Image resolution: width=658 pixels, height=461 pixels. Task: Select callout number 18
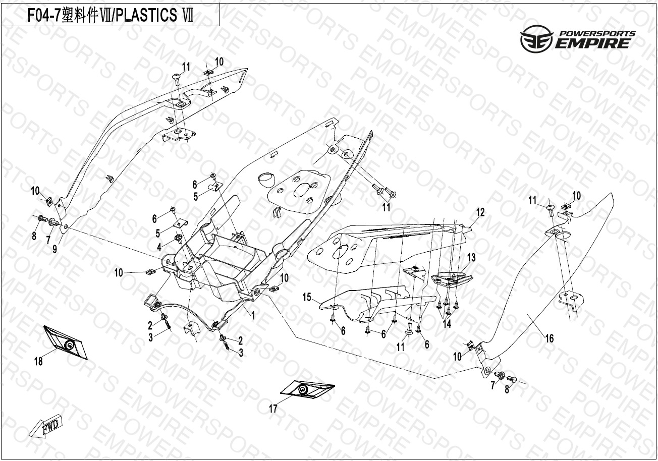click(38, 361)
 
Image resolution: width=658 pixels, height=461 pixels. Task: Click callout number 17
click(273, 409)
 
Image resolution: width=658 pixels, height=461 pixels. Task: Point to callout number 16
click(550, 338)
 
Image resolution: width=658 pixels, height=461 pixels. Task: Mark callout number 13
click(471, 258)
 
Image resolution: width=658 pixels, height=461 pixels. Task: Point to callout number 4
click(159, 247)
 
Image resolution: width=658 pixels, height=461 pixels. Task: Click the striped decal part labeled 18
click(66, 342)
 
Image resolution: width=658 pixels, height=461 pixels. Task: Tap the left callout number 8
click(34, 236)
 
